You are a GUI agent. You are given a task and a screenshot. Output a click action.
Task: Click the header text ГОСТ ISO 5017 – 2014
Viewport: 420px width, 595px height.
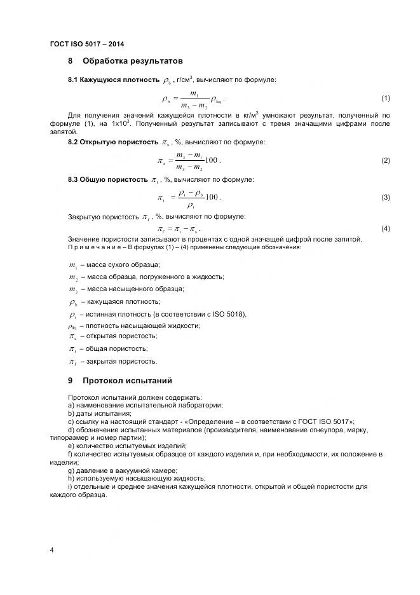tap(87, 44)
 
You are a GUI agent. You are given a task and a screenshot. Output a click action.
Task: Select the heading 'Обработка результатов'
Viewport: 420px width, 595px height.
tap(133, 61)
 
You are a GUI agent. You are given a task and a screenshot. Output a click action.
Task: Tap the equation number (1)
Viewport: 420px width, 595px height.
tap(385, 99)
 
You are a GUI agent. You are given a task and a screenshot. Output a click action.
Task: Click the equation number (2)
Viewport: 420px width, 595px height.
tap(385, 160)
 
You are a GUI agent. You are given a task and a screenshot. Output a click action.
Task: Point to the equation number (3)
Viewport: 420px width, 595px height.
tap(385, 198)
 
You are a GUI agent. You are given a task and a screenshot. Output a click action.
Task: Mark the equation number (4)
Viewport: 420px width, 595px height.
tap(385, 228)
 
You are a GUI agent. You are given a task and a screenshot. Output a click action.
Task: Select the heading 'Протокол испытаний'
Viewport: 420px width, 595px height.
tap(127, 381)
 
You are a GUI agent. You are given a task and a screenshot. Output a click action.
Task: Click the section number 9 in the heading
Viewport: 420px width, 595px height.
tap(71, 381)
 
